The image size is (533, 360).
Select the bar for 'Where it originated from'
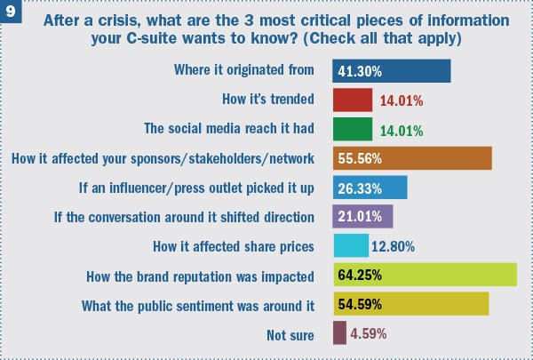tap(392, 70)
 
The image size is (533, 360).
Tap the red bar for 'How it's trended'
tap(352, 100)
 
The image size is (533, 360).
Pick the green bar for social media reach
tap(352, 129)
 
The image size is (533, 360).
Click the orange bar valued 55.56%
tap(412, 158)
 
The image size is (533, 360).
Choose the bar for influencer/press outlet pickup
tap(370, 188)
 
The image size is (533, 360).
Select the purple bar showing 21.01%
tap(362, 216)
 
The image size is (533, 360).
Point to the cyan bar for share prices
tap(350, 245)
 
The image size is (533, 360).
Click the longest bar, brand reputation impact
tap(425, 275)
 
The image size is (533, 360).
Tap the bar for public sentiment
tap(410, 304)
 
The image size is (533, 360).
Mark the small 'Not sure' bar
tap(338, 333)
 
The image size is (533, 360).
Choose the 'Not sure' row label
tap(290, 334)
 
